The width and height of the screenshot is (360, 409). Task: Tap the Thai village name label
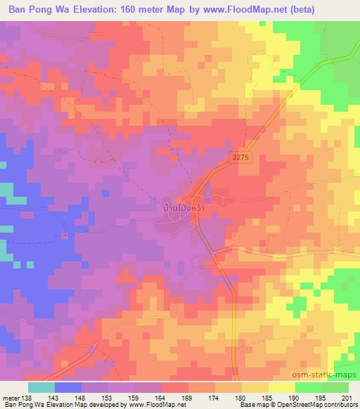[x=184, y=209]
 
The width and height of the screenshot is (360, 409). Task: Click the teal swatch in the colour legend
[x=41, y=387]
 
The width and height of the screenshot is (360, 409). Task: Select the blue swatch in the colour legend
[x=68, y=387]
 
